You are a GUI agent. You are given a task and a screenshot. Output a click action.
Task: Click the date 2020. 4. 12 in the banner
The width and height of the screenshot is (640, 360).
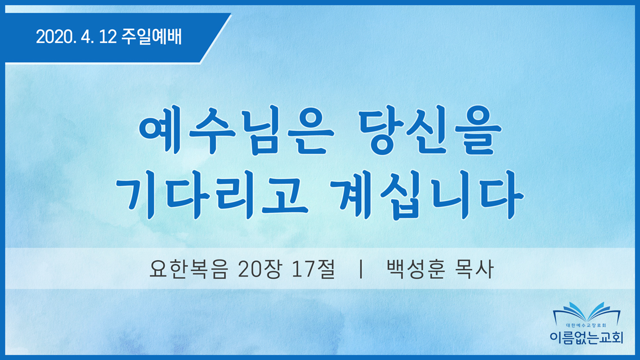point(77,37)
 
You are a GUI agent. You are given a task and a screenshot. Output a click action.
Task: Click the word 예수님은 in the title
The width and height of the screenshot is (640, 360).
point(236,134)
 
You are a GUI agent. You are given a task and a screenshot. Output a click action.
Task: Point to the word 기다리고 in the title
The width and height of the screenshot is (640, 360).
point(212,196)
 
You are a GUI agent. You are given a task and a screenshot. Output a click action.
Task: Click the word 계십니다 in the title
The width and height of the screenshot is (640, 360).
point(426,195)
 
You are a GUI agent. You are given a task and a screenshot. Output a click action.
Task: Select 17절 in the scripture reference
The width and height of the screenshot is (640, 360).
point(313,269)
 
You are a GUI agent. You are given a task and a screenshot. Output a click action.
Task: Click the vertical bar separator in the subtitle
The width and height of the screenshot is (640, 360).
point(361,269)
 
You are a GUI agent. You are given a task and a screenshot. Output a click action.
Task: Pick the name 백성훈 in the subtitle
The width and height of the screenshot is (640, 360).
point(415,269)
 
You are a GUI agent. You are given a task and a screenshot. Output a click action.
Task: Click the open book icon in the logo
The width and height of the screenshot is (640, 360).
point(586,313)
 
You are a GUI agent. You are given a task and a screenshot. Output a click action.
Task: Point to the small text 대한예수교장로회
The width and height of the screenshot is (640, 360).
point(586,326)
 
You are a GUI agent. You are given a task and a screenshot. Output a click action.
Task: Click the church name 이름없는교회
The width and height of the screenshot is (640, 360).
point(586,337)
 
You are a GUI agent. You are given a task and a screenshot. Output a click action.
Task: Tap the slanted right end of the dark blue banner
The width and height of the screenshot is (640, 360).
point(216,38)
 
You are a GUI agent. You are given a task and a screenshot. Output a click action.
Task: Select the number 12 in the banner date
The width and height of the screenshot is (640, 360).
point(108,37)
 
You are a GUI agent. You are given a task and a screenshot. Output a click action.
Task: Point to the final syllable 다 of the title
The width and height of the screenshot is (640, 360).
point(502,195)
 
